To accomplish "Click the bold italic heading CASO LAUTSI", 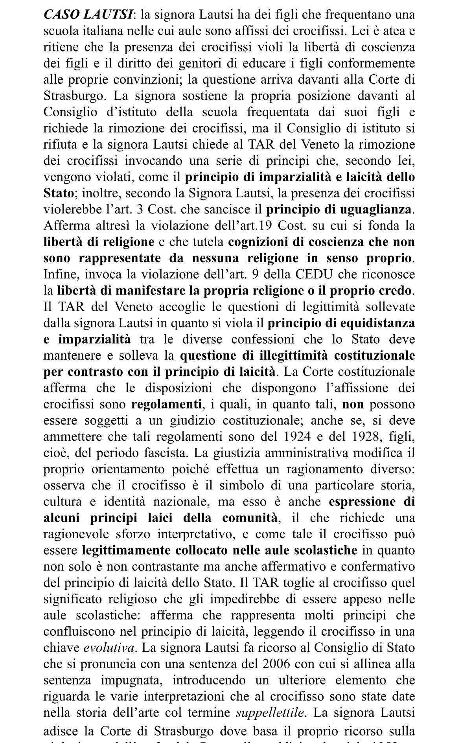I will click(88, 15).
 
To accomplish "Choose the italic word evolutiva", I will click(109, 647).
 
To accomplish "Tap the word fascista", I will click(159, 453).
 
